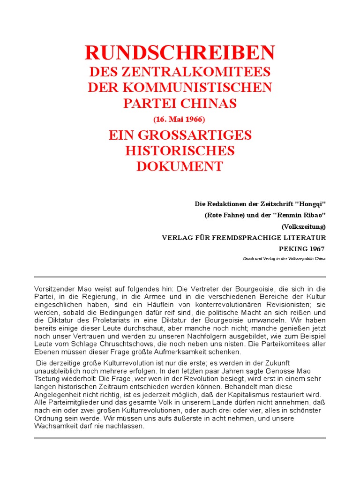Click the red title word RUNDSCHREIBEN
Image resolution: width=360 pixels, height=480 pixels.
pyautogui.click(x=180, y=53)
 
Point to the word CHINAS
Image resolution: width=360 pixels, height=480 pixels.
pyautogui.click(x=206, y=103)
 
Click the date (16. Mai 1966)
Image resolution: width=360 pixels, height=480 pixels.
pyautogui.click(x=180, y=119)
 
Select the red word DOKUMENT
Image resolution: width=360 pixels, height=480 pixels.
pyautogui.click(x=180, y=166)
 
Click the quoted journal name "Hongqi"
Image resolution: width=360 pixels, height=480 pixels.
pyautogui.click(x=311, y=204)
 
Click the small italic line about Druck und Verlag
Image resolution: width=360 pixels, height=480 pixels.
pyautogui.click(x=284, y=259)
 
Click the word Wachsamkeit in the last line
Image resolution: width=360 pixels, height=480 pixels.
pyautogui.click(x=55, y=426)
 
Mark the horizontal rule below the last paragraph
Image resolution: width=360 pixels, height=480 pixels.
pyautogui.click(x=180, y=438)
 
